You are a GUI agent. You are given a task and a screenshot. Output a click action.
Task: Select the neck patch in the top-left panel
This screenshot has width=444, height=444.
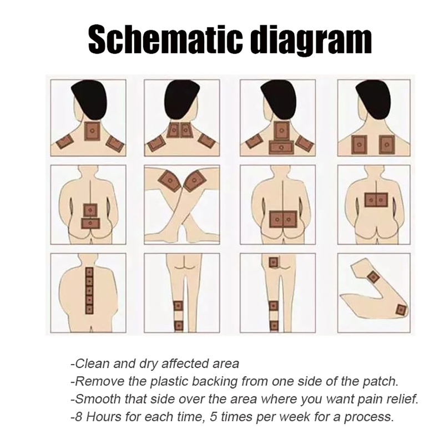tap(92, 132)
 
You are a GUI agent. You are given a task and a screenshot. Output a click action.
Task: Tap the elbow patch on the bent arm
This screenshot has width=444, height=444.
tap(401, 310)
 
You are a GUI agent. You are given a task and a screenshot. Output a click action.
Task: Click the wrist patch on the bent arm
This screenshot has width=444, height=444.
tap(373, 275)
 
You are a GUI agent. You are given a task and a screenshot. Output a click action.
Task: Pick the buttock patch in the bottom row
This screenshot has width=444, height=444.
tap(273, 262)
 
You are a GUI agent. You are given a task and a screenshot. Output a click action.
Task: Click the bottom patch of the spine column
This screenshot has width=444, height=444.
tap(89, 309)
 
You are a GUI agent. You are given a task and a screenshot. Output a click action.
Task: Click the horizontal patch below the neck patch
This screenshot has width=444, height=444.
tap(281, 147)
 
